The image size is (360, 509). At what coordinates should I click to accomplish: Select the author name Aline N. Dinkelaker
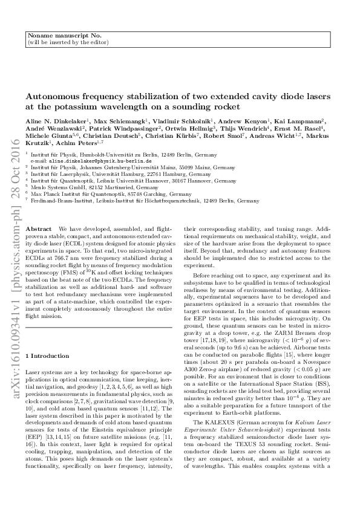tap(50, 122)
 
